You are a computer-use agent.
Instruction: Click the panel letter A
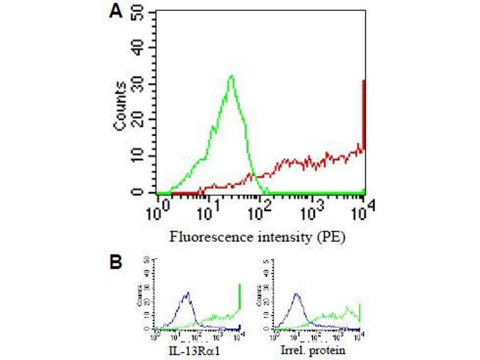click(118, 12)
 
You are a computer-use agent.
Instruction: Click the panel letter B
click(118, 263)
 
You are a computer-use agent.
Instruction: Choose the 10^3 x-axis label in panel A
click(313, 212)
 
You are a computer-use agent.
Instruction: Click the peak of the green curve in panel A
click(232, 76)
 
